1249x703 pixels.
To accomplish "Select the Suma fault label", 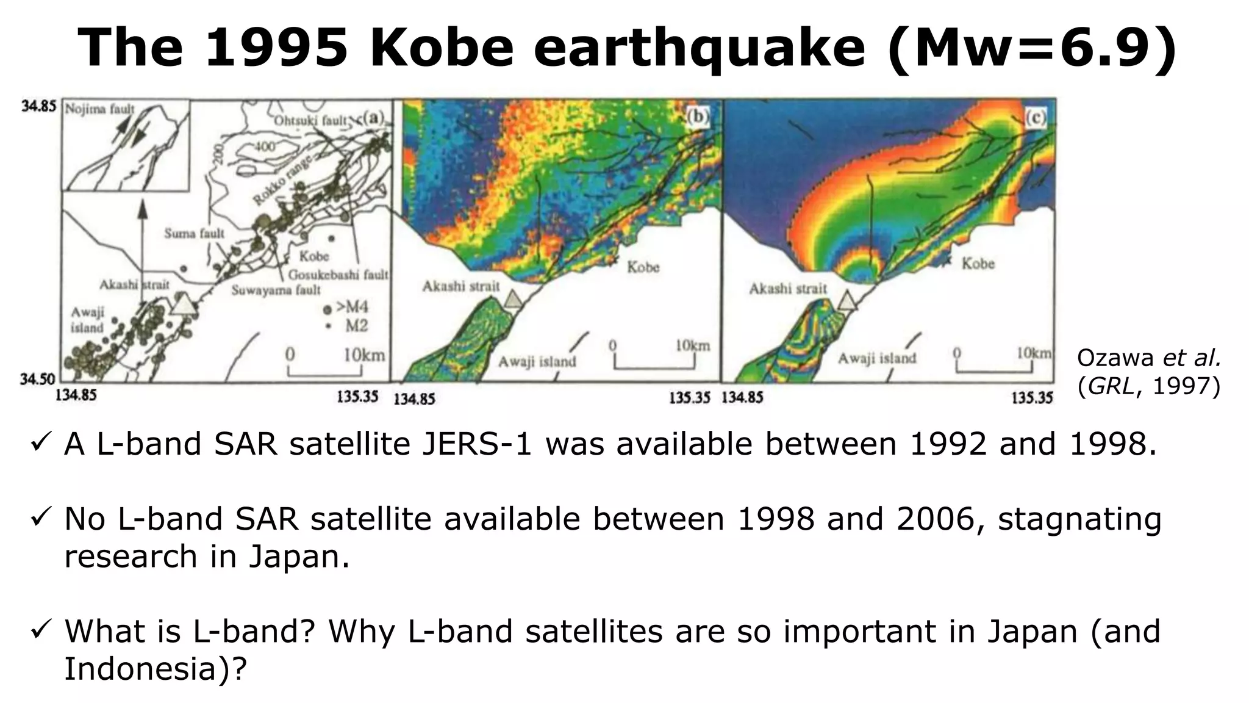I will pyautogui.click(x=194, y=233).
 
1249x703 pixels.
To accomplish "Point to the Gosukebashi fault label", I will pyautogui.click(x=338, y=275).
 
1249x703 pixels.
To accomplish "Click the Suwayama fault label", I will pyautogui.click(x=276, y=290).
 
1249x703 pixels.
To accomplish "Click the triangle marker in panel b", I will pyautogui.click(x=514, y=299).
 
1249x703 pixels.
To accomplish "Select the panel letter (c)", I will pyautogui.click(x=1035, y=118).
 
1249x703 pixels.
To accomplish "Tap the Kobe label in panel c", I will pyautogui.click(x=978, y=264).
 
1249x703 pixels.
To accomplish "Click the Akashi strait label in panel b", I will pyautogui.click(x=460, y=286).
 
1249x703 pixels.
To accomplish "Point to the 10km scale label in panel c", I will pyautogui.click(x=1034, y=353).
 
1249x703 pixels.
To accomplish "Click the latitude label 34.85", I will pyautogui.click(x=38, y=106).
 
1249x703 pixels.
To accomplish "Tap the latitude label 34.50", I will pyautogui.click(x=38, y=380).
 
